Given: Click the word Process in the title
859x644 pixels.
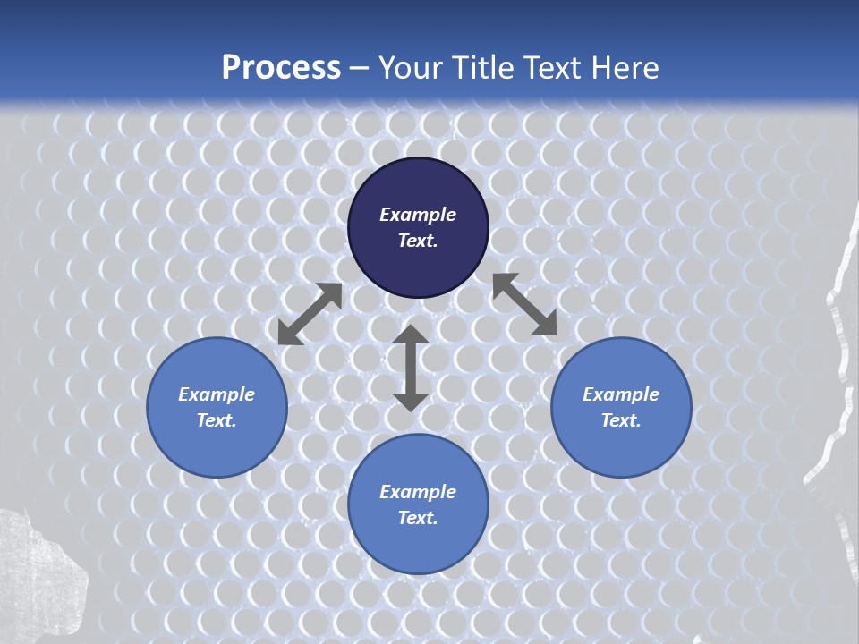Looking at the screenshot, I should tap(281, 68).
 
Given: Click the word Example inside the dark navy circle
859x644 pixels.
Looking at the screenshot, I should tap(418, 215).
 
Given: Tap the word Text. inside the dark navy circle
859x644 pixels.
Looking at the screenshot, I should tap(418, 241).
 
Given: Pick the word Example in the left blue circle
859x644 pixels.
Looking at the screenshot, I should tap(217, 394).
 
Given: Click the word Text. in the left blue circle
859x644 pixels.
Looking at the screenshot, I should tap(217, 420).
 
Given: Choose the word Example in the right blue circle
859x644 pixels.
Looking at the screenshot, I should tap(621, 394).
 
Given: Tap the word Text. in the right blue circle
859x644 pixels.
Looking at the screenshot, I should tap(621, 420).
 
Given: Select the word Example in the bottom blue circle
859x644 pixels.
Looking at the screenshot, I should tap(418, 492).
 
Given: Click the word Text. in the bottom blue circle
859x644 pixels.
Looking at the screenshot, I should tap(418, 518).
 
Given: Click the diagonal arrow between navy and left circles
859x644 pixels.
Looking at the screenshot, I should tap(310, 314).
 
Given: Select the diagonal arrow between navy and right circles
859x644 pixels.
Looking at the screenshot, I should tap(524, 304).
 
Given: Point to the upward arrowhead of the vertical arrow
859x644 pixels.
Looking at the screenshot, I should tap(411, 335).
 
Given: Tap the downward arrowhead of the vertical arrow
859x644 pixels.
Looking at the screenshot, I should tap(411, 400).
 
